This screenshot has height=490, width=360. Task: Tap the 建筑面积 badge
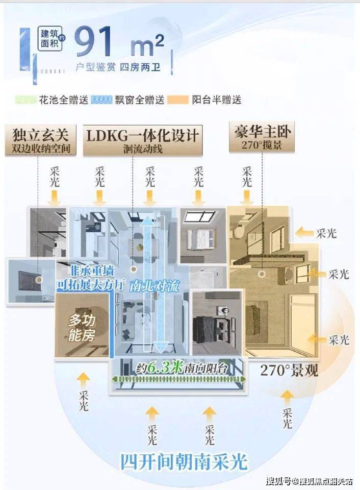pyautogui.click(x=50, y=38)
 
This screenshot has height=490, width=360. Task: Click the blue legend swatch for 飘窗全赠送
pyautogui.click(x=101, y=100)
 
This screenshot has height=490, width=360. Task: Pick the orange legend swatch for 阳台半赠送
pyautogui.click(x=178, y=100)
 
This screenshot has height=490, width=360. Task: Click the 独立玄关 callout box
pyautogui.click(x=41, y=140)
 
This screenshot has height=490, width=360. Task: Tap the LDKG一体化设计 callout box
pyautogui.click(x=142, y=140)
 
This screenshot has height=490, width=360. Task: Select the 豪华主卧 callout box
pyautogui.click(x=262, y=137)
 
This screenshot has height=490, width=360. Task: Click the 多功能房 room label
pyautogui.click(x=82, y=328)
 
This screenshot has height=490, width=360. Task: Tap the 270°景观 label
pyautogui.click(x=289, y=371)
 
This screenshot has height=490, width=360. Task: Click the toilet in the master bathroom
pyautogui.click(x=239, y=231)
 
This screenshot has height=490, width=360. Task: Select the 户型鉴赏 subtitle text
pyautogui.click(x=95, y=67)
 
